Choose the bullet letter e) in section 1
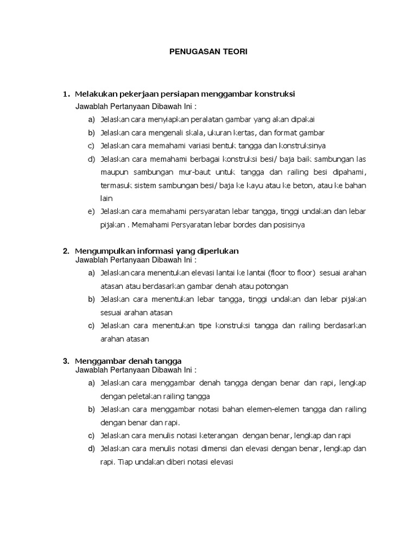point(91,211)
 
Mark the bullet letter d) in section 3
point(91,448)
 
